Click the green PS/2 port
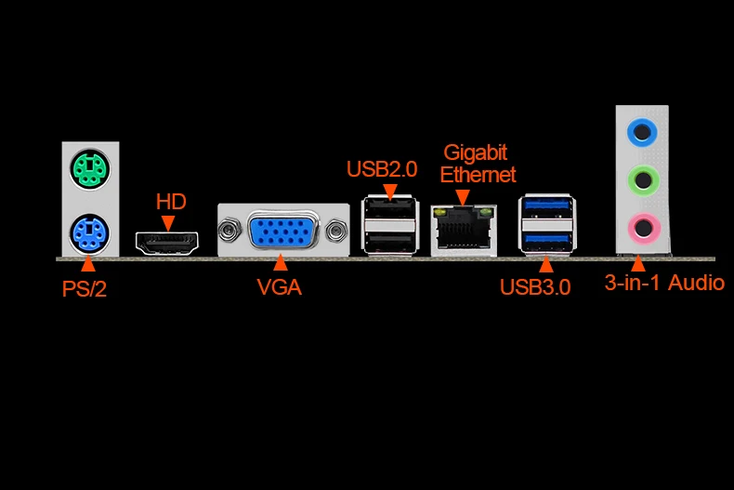tap(90, 168)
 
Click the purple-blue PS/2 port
tap(90, 232)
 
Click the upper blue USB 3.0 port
tap(547, 208)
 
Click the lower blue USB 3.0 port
tap(547, 241)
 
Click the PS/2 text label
tap(85, 288)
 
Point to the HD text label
tap(170, 201)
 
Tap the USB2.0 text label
tap(382, 169)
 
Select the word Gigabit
tap(476, 152)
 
